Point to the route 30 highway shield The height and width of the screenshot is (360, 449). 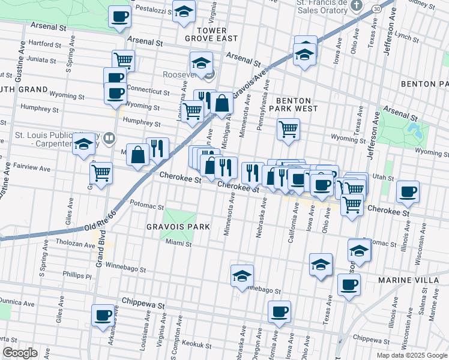click(x=375, y=9)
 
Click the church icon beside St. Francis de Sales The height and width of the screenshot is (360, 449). click(x=357, y=6)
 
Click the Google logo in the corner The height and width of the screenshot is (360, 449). click(x=19, y=353)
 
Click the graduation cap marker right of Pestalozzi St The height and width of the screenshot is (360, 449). click(x=184, y=10)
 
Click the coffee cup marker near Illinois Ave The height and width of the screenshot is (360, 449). click(x=408, y=191)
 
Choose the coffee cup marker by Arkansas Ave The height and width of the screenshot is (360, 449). click(x=103, y=315)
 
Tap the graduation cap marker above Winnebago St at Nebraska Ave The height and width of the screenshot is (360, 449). click(x=242, y=275)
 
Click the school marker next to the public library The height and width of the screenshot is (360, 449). click(x=84, y=143)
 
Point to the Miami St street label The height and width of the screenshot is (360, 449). click(x=179, y=244)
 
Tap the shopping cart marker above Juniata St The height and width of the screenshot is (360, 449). click(x=123, y=59)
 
